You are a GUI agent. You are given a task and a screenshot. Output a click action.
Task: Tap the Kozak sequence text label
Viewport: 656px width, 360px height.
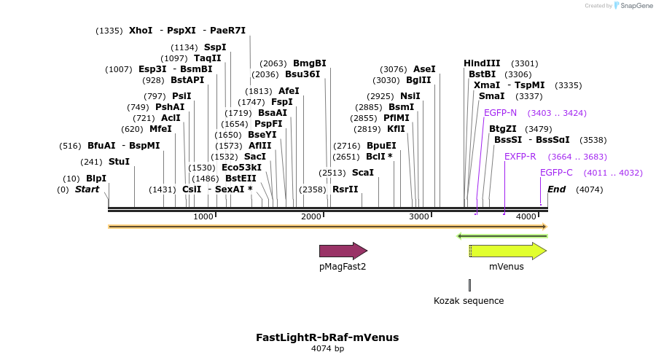pyautogui.click(x=469, y=300)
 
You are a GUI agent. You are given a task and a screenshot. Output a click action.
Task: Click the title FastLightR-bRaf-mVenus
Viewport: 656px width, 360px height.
pyautogui.click(x=327, y=337)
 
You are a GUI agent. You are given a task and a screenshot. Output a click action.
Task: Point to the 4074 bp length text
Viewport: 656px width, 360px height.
pyautogui.click(x=327, y=349)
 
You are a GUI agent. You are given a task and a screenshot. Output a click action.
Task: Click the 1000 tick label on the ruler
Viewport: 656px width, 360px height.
pyautogui.click(x=203, y=217)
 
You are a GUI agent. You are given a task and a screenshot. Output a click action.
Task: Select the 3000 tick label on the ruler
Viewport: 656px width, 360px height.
pyautogui.click(x=419, y=217)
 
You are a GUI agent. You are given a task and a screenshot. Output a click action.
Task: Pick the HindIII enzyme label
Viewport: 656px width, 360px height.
pyautogui.click(x=482, y=63)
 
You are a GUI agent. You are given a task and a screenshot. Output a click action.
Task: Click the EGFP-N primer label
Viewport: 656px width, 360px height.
pyautogui.click(x=500, y=113)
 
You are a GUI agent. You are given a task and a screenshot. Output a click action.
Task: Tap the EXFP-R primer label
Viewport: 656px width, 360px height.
pyautogui.click(x=520, y=157)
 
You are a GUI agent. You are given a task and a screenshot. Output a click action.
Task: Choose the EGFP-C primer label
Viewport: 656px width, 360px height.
pyautogui.click(x=556, y=173)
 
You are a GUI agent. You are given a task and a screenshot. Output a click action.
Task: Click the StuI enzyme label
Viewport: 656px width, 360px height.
pyautogui.click(x=119, y=161)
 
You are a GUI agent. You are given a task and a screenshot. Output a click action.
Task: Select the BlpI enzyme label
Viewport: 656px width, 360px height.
pyautogui.click(x=96, y=179)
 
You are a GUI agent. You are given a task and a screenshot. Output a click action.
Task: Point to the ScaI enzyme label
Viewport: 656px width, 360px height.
pyautogui.click(x=362, y=173)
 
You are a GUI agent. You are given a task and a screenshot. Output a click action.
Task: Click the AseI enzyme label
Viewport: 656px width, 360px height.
pyautogui.click(x=424, y=69)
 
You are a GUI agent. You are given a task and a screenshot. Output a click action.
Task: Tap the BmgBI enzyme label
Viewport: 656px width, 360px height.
pyautogui.click(x=309, y=63)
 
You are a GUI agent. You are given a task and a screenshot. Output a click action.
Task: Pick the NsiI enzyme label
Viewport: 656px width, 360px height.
pyautogui.click(x=410, y=96)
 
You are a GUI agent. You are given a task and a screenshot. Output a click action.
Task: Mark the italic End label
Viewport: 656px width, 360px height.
pyautogui.click(x=556, y=189)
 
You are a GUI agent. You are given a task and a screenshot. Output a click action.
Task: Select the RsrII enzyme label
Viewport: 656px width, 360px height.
pyautogui.click(x=345, y=189)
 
